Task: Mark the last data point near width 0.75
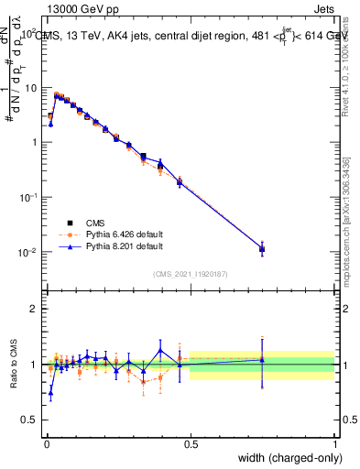pyautogui.click(x=262, y=248)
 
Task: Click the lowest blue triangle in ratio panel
pyautogui.click(x=50, y=392)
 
